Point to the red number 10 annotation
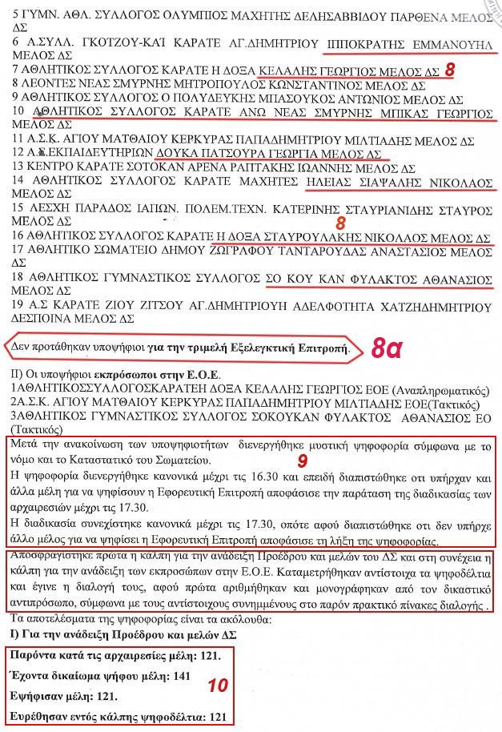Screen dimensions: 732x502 218,686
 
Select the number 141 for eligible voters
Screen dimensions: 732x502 182,676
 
